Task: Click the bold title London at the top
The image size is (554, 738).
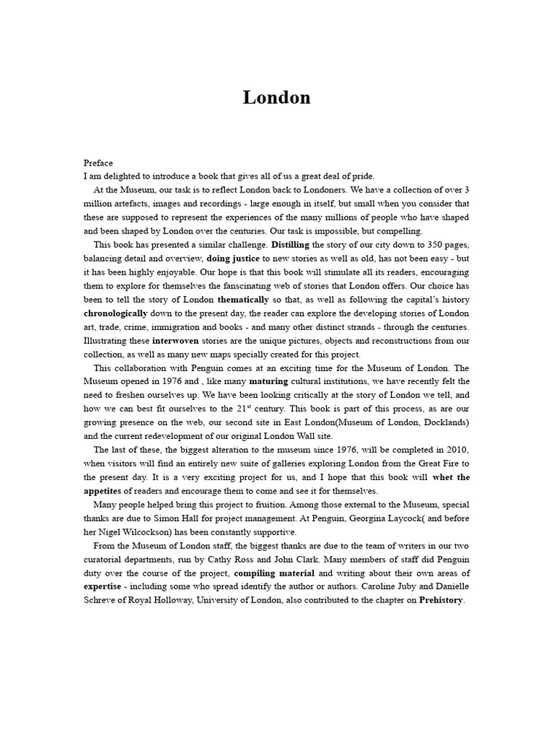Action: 277,98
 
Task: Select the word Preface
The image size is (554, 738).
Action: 98,163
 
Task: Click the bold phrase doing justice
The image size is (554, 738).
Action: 233,259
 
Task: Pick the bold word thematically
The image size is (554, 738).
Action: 243,300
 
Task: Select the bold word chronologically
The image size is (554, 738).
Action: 115,314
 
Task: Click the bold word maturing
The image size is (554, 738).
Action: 268,382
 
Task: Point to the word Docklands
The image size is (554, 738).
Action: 445,422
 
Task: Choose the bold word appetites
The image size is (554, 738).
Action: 105,492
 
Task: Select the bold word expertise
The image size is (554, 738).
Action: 105,587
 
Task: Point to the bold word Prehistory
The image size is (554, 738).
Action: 441,600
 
